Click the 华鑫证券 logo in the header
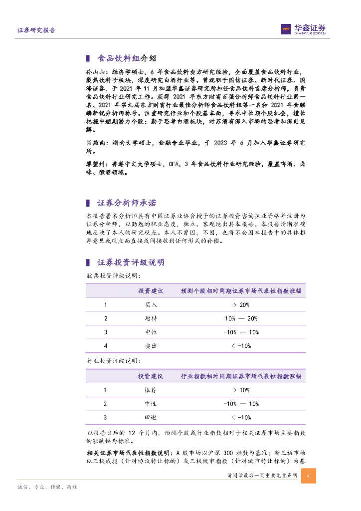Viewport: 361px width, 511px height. pyautogui.click(x=303, y=29)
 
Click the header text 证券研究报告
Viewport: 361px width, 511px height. pyautogui.click(x=36, y=30)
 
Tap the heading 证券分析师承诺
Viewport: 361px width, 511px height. pyautogui.click(x=126, y=203)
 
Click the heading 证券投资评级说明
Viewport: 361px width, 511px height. pyautogui.click(x=131, y=262)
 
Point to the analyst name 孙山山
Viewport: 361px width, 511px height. pyautogui.click(x=93, y=72)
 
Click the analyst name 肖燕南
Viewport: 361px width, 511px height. pyautogui.click(x=93, y=143)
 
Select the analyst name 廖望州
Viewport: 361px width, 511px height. pyautogui.click(x=93, y=164)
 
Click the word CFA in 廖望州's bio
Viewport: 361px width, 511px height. pyautogui.click(x=174, y=164)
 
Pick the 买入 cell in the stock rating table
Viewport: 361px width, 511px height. pyautogui.click(x=151, y=305)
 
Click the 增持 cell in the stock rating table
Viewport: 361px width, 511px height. pyautogui.click(x=151, y=319)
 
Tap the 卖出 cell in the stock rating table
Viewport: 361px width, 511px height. pyautogui.click(x=151, y=346)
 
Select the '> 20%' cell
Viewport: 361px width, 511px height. pyautogui.click(x=241, y=305)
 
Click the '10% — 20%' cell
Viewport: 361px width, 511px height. pyautogui.click(x=241, y=319)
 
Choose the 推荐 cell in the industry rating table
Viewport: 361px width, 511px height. pyautogui.click(x=151, y=390)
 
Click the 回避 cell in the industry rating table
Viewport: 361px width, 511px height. pyautogui.click(x=151, y=417)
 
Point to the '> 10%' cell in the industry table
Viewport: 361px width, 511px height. pyautogui.click(x=241, y=390)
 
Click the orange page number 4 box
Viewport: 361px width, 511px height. pyautogui.click(x=309, y=476)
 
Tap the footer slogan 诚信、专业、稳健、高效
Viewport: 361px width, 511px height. pyautogui.click(x=47, y=487)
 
